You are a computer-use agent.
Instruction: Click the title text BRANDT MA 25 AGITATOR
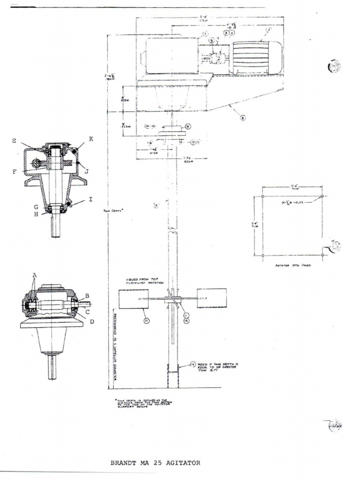(x=155, y=463)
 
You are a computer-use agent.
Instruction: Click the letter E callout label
(x=15, y=141)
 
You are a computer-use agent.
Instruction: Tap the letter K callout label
(x=90, y=139)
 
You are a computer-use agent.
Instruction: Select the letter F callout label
(x=15, y=172)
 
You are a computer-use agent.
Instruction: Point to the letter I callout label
(x=90, y=200)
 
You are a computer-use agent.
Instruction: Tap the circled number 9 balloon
(x=187, y=126)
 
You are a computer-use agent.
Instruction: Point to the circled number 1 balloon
(x=205, y=34)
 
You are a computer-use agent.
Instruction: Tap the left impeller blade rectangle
(x=133, y=299)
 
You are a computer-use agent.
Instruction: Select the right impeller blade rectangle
(x=212, y=298)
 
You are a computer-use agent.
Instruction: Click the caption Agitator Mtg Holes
(x=293, y=265)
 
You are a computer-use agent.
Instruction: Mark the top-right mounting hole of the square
(x=323, y=196)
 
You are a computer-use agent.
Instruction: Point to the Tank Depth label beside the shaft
(x=113, y=211)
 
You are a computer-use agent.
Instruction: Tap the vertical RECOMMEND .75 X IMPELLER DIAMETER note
(x=114, y=347)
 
